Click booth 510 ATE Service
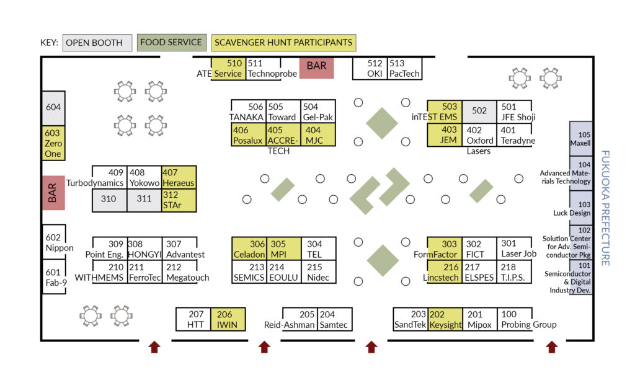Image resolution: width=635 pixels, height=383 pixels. [228, 68]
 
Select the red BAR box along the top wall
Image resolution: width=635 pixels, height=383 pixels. [316, 68]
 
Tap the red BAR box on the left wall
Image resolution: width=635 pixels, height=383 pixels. [53, 192]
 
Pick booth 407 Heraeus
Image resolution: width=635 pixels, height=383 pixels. [179, 177]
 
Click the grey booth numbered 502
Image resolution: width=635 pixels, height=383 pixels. [479, 111]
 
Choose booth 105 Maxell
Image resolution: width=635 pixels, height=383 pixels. [581, 138]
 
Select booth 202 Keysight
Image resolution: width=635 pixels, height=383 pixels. [445, 319]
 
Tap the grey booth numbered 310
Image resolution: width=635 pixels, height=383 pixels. [109, 200]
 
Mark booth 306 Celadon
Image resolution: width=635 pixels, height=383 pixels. [249, 248]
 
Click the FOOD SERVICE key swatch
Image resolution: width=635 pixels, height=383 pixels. [171, 43]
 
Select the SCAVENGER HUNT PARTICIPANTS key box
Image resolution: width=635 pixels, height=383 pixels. [283, 43]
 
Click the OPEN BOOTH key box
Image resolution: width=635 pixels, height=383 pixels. [97, 43]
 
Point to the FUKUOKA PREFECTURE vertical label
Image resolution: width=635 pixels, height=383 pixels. [606, 208]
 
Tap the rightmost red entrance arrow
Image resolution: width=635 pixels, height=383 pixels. [551, 346]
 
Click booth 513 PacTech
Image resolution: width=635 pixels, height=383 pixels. [404, 68]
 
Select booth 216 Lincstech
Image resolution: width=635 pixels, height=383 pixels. [444, 271]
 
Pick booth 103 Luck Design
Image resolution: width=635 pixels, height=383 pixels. [581, 208]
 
